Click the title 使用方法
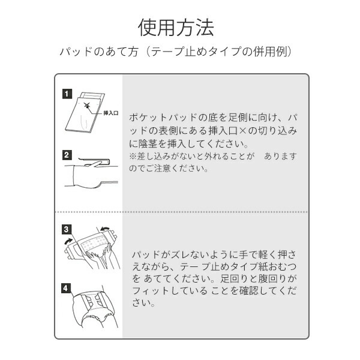point(176,28)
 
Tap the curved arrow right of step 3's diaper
point(106,229)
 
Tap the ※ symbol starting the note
point(133,156)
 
